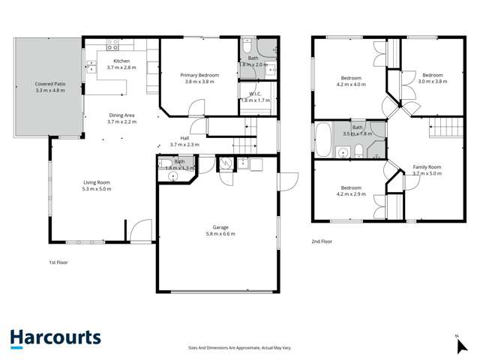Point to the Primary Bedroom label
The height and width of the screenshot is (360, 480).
[198, 77]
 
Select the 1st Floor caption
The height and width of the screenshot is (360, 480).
[58, 262]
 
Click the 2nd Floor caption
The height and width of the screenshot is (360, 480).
[322, 241]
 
